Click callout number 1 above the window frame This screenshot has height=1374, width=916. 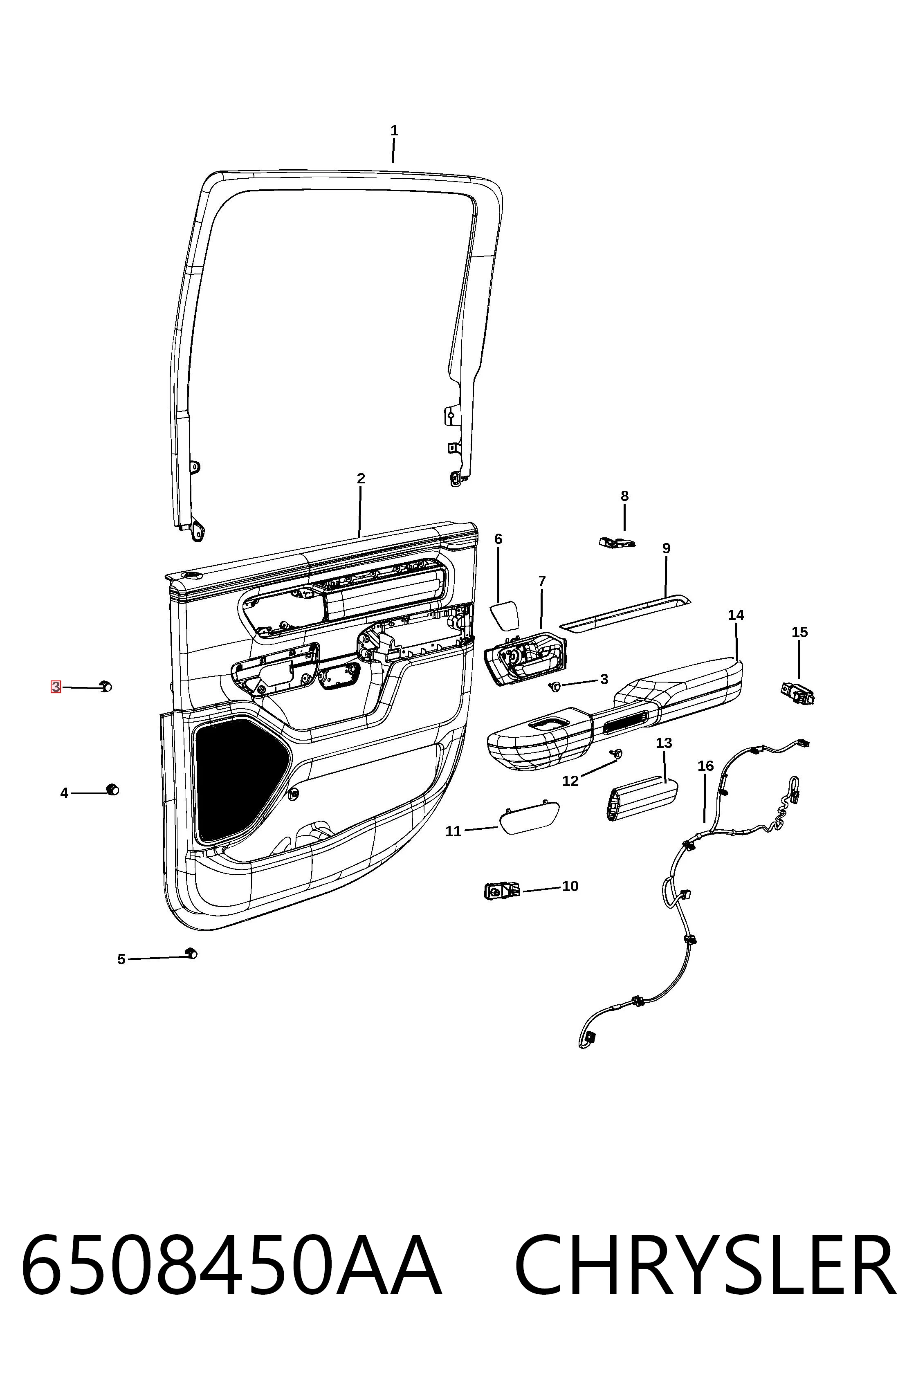(x=394, y=130)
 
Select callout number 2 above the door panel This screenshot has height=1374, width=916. (x=361, y=478)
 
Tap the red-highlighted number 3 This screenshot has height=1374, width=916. (x=56, y=687)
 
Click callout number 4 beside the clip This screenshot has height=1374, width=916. (x=64, y=793)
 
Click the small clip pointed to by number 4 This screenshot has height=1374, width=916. (x=112, y=790)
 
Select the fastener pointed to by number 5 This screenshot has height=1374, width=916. (x=191, y=953)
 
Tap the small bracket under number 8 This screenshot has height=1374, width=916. (x=616, y=542)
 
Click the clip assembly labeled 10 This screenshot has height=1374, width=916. (x=502, y=891)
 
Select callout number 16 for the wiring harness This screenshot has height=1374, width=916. (x=706, y=766)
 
